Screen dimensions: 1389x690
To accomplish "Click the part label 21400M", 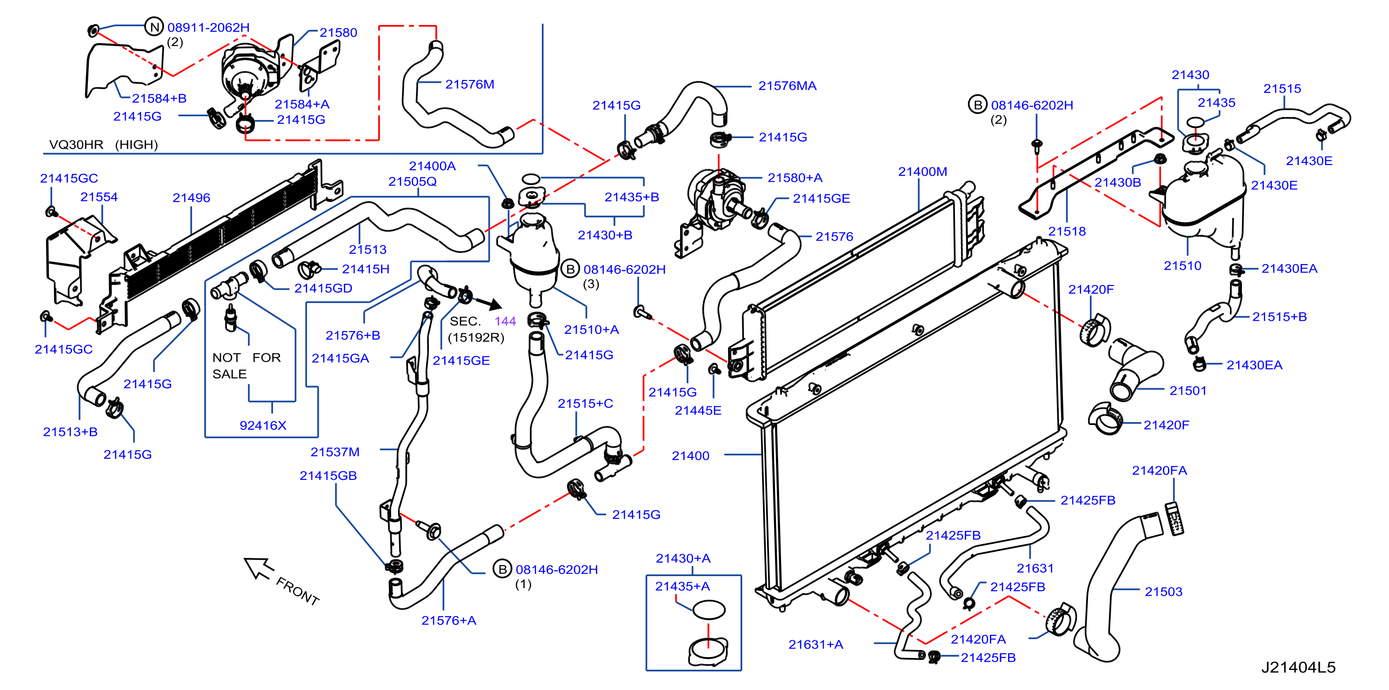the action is [x=922, y=172].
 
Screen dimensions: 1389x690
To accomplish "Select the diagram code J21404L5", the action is [x=1298, y=667].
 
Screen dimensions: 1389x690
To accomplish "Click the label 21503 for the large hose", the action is [x=1163, y=591].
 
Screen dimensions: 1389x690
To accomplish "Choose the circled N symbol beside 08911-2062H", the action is [x=154, y=27].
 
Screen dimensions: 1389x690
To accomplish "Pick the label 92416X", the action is [x=263, y=425].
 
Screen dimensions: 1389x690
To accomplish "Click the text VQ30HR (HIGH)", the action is [x=103, y=145].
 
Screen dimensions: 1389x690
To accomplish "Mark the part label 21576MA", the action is [x=787, y=86].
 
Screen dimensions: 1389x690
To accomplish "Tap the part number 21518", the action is [x=1067, y=231].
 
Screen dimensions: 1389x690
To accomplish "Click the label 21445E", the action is [x=698, y=410].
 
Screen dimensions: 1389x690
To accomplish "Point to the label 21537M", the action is [x=334, y=452].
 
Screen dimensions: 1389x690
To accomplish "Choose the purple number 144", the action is [x=505, y=321].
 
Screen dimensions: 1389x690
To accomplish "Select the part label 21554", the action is [x=99, y=197].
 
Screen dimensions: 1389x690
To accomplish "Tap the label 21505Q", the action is [x=412, y=182].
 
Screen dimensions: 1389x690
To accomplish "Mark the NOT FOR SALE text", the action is [x=247, y=365].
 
